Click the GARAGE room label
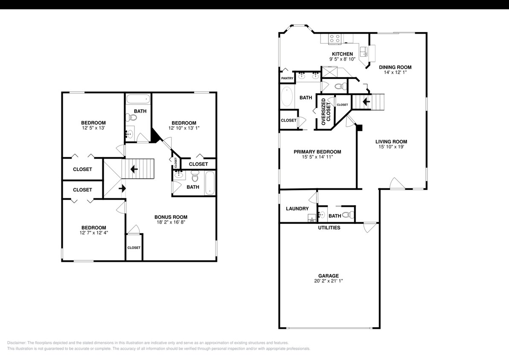(328, 276)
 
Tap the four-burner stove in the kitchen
(335, 39)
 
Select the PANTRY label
(287, 78)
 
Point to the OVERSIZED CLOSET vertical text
(325, 112)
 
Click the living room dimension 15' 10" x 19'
(391, 147)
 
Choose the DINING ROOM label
(395, 67)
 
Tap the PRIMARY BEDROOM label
(317, 151)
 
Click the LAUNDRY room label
(297, 209)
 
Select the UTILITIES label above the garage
(329, 228)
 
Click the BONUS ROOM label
(171, 217)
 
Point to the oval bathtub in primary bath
(287, 97)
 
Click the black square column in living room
(359, 127)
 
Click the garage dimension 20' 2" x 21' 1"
(328, 281)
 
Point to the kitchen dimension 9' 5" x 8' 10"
(342, 59)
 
